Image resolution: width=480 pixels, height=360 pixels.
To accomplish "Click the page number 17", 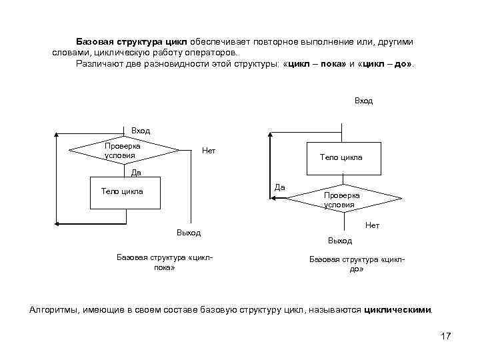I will [446, 336].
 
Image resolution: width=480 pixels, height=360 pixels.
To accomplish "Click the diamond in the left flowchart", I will [124, 150].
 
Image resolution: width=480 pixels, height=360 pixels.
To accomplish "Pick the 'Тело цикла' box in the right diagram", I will [341, 158].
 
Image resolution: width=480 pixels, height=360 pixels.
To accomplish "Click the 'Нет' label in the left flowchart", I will [209, 151].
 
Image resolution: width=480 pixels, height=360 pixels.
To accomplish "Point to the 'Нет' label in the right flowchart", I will [372, 225].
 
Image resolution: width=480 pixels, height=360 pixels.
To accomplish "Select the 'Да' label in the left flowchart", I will [136, 172].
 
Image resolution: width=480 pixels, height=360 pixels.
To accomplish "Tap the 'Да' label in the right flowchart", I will [280, 187].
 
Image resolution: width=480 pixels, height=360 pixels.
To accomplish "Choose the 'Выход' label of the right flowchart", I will [340, 240].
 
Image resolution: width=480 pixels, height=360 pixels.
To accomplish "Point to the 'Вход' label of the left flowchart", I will [141, 131].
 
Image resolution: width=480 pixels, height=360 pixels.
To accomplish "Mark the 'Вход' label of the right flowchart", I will [364, 101].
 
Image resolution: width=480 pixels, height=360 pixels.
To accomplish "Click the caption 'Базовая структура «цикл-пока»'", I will [164, 262].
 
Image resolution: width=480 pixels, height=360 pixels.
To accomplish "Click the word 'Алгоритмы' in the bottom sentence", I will [53, 310].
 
